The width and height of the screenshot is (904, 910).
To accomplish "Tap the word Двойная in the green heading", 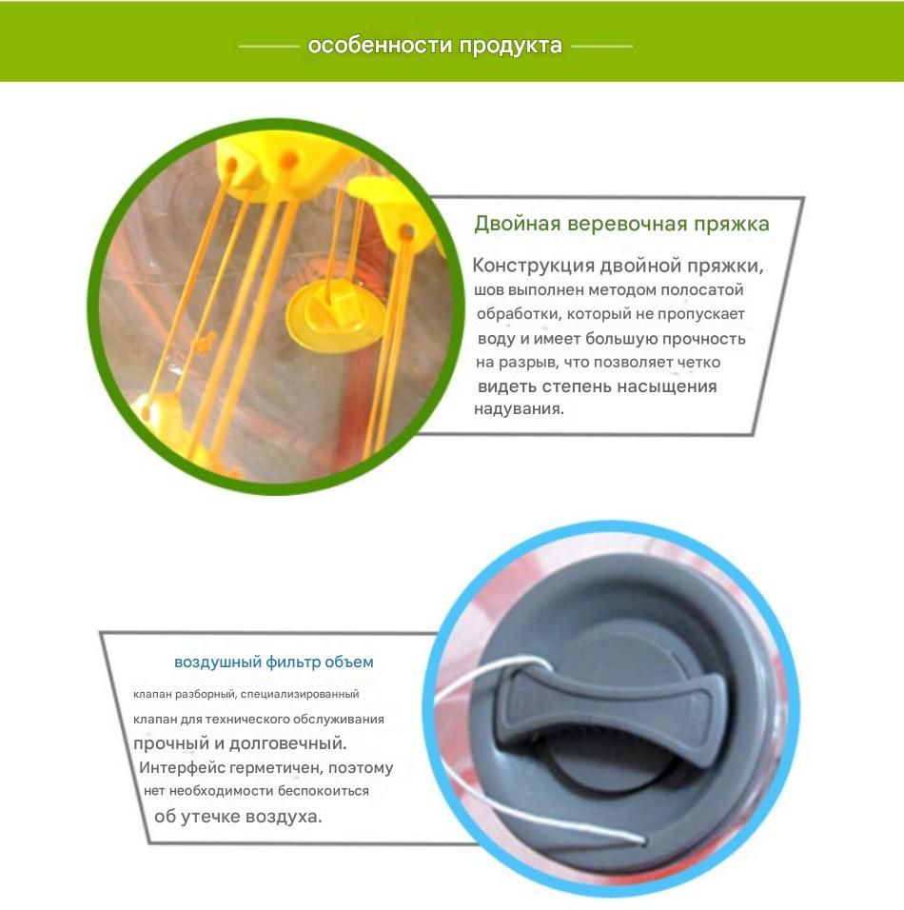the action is [517, 224].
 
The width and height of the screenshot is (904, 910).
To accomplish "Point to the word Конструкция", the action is [533, 266].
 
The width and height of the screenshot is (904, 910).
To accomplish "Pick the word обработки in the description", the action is [519, 314].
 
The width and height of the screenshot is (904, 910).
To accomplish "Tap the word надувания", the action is [519, 408].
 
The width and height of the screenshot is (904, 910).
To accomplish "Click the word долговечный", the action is [287, 743].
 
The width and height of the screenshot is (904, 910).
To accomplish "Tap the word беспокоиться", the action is [324, 791].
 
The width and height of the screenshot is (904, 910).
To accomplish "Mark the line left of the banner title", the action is [268, 47].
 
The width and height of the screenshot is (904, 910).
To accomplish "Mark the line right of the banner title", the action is [601, 47].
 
